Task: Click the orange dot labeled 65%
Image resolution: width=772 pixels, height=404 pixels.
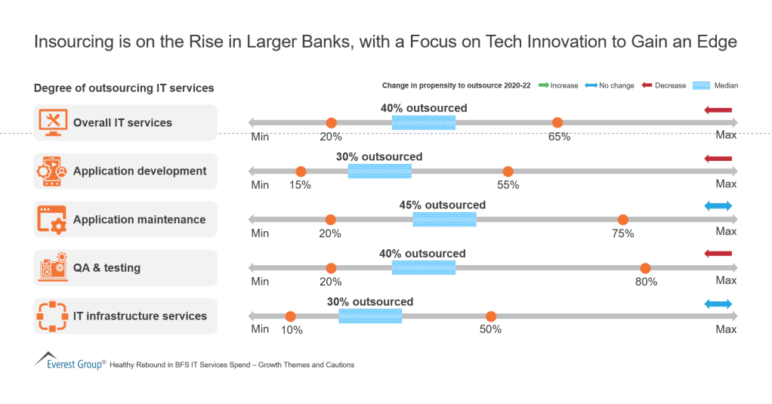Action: pyautogui.click(x=557, y=123)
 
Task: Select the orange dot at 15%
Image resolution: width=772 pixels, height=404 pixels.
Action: pyautogui.click(x=301, y=171)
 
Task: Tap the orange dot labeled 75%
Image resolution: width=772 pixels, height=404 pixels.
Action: pyautogui.click(x=623, y=220)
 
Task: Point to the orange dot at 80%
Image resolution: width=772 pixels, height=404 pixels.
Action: pyautogui.click(x=645, y=268)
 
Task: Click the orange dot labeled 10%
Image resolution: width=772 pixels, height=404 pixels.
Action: pyautogui.click(x=290, y=316)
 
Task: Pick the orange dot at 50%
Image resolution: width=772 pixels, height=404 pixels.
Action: pyautogui.click(x=491, y=316)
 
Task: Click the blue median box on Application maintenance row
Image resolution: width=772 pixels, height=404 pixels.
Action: pyautogui.click(x=444, y=220)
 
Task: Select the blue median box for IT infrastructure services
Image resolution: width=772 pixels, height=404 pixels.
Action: pyautogui.click(x=370, y=316)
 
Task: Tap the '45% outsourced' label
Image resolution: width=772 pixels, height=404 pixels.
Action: pyautogui.click(x=442, y=205)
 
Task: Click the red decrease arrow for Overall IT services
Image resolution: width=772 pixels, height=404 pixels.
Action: pyautogui.click(x=718, y=111)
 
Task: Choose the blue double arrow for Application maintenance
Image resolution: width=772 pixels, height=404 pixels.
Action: pyautogui.click(x=718, y=206)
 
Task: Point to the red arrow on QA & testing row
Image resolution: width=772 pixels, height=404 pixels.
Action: pyautogui.click(x=718, y=254)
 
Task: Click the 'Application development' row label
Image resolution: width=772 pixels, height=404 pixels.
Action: pyautogui.click(x=140, y=171)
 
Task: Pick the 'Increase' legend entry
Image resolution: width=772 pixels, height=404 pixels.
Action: pyautogui.click(x=557, y=85)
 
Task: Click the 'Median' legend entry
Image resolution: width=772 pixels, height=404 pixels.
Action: pyautogui.click(x=716, y=85)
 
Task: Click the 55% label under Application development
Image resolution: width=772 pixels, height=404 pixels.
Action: pyautogui.click(x=508, y=185)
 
